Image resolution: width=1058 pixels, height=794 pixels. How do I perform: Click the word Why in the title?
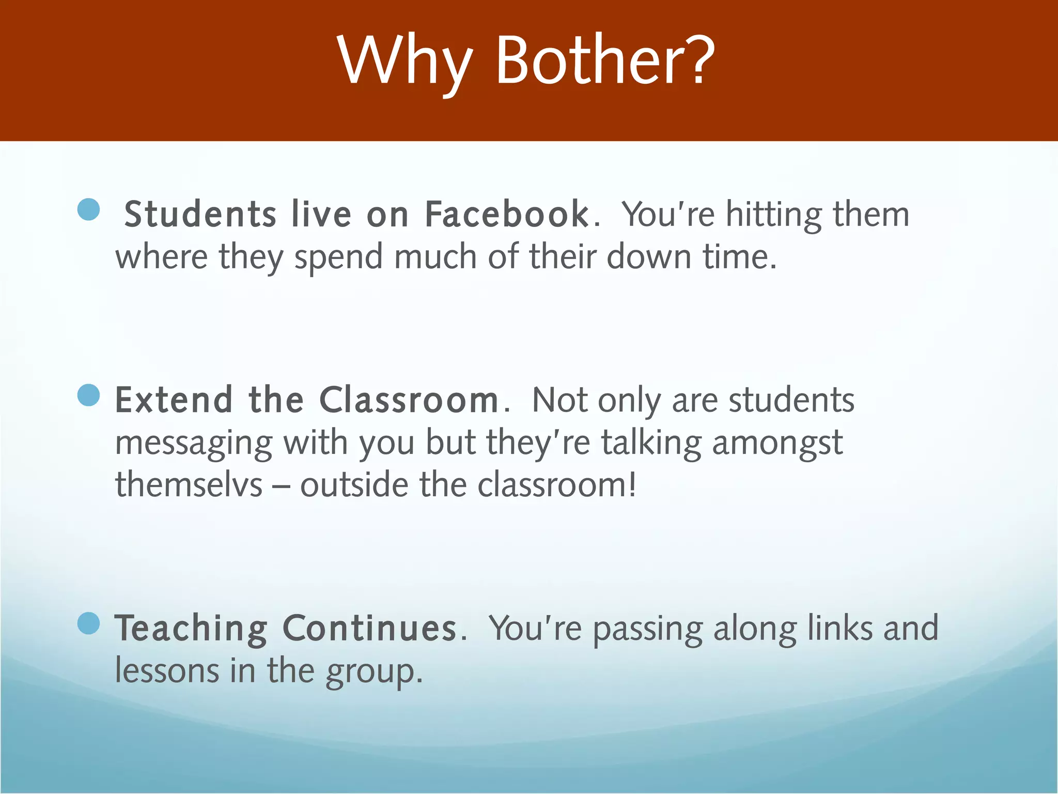[404, 61]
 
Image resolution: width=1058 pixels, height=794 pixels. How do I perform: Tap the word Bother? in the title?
[605, 61]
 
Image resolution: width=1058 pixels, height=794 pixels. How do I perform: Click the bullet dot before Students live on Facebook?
[88, 210]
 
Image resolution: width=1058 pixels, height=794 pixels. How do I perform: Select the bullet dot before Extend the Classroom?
[88, 395]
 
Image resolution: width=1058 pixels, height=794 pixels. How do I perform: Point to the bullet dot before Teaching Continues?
[88, 623]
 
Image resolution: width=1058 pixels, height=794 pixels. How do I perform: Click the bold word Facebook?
[506, 214]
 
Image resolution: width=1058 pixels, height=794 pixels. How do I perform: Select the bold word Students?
[200, 214]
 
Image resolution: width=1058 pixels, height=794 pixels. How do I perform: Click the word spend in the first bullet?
[338, 257]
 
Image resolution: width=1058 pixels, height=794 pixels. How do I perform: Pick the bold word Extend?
[174, 400]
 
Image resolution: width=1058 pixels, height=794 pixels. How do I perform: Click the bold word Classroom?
[409, 400]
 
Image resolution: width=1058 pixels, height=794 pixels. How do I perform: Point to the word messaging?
[194, 444]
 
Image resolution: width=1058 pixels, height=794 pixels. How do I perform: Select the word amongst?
[777, 444]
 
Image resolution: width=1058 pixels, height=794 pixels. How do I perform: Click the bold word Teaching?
[191, 629]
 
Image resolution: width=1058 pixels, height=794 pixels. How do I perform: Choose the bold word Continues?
[369, 629]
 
